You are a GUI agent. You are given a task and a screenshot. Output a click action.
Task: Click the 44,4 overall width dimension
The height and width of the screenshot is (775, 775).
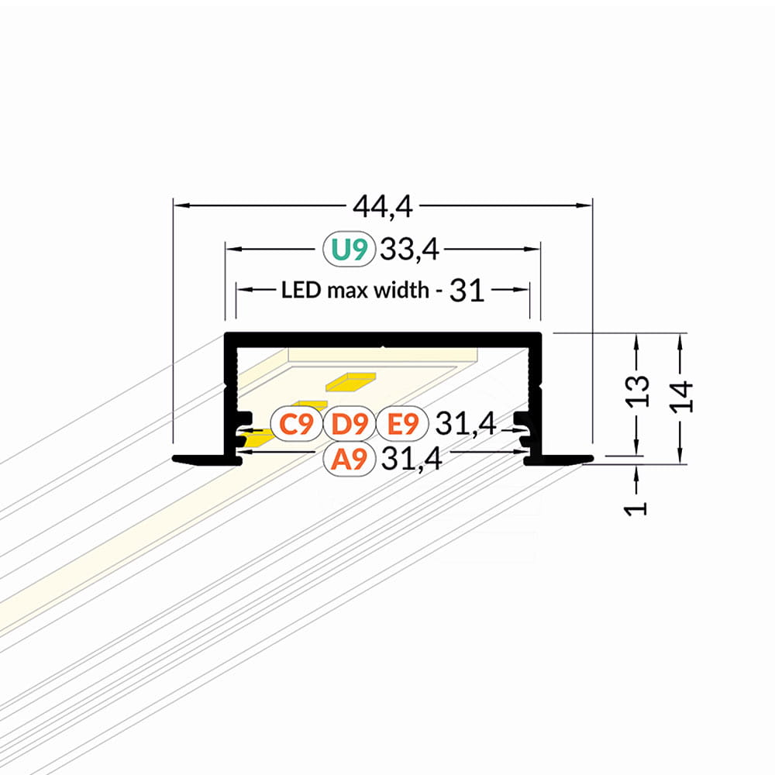tap(383, 207)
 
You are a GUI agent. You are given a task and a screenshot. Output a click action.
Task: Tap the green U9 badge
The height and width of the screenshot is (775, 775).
tap(350, 249)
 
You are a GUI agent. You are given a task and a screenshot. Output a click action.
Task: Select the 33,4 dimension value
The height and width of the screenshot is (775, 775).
tap(409, 249)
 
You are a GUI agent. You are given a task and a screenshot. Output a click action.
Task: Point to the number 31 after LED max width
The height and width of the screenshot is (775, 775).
tap(467, 290)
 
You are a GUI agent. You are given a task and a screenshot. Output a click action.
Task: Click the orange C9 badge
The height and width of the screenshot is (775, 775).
tap(296, 424)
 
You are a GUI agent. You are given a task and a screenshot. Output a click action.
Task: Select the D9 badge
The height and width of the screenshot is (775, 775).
tap(350, 424)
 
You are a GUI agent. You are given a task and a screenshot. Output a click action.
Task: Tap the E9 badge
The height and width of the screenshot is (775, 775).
tap(402, 424)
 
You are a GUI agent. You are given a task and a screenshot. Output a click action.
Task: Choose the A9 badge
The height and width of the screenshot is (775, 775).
tap(350, 459)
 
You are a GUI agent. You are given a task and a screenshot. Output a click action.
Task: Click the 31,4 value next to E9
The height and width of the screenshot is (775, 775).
tap(466, 424)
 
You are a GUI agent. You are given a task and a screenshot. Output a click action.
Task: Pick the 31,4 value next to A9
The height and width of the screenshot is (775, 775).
tap(412, 459)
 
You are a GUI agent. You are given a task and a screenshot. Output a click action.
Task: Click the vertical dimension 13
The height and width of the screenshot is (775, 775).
tap(637, 391)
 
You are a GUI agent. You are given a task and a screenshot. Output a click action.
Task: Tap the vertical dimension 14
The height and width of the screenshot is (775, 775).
tap(681, 396)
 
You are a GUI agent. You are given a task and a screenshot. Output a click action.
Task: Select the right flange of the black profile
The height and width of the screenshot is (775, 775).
tap(559, 460)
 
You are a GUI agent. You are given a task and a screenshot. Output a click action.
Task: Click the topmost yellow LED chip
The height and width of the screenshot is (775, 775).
tap(351, 381)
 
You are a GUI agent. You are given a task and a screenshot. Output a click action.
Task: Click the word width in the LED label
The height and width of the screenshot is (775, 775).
tap(401, 290)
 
